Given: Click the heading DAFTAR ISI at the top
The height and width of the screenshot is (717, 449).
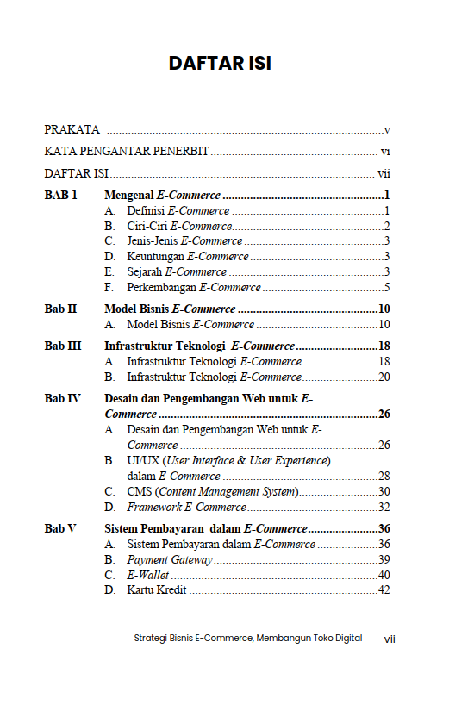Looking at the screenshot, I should (220, 64).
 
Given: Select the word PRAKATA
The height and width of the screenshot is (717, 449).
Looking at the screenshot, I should (72, 130).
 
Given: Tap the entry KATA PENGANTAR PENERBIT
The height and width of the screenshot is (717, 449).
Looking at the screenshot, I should (126, 152).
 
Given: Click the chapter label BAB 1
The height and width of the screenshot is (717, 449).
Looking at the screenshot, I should (61, 196).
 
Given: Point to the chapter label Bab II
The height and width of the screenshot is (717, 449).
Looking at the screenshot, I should (60, 309).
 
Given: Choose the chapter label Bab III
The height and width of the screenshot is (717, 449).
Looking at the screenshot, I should (63, 346).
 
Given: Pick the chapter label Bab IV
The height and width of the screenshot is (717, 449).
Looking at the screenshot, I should (63, 398).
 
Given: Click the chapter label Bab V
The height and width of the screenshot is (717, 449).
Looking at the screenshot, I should (60, 528).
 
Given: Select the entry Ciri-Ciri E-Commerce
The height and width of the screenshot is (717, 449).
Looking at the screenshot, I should (179, 226).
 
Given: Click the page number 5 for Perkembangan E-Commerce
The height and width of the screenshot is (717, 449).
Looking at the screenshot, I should (388, 287).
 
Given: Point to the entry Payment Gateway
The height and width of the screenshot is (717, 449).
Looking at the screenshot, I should (169, 560).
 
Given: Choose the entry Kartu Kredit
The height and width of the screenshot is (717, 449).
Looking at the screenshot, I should (157, 590).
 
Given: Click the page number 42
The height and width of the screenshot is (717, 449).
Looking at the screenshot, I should (384, 590).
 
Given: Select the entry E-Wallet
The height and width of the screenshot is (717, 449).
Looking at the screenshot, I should (147, 575).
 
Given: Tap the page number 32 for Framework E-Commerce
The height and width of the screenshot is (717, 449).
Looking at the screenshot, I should (384, 507).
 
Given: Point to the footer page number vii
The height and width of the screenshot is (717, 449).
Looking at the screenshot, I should (389, 639).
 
